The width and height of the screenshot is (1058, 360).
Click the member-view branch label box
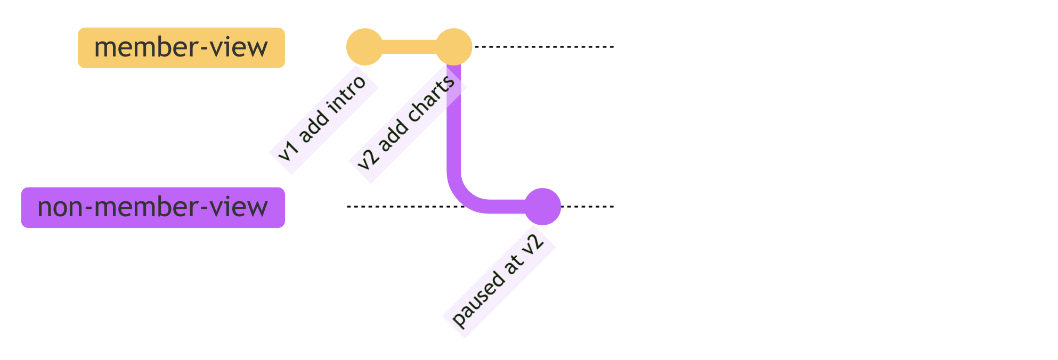[181, 48]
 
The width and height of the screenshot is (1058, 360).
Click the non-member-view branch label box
[153, 208]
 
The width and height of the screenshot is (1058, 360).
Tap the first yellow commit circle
[364, 47]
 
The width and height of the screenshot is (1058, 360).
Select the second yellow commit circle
[454, 47]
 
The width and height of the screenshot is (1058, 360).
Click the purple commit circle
[542, 207]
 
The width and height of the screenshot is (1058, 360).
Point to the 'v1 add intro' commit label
[323, 119]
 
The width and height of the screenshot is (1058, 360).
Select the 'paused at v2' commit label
[499, 281]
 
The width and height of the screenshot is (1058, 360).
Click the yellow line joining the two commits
[409, 47]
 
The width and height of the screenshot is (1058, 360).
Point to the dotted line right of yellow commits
[543, 47]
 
